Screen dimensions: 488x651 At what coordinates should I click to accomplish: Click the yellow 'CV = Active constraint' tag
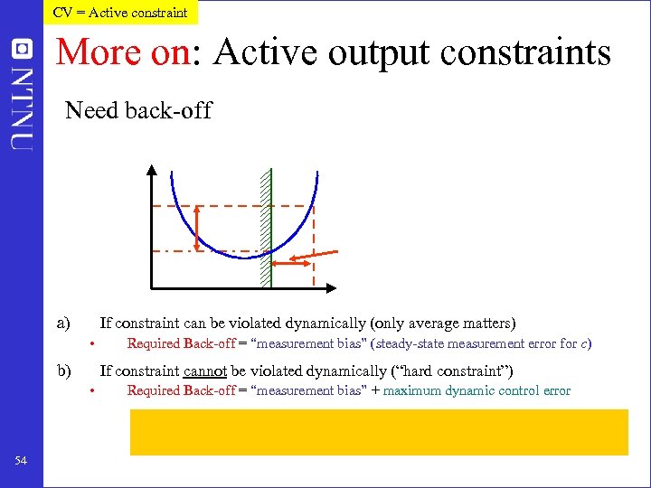(120, 12)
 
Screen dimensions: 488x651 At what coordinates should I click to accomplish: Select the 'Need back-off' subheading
(138, 111)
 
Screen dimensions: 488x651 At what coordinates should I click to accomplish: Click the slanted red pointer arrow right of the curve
(324, 253)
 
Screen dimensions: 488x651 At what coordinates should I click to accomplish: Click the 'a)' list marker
(63, 323)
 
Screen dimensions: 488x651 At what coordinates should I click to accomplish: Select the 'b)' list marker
(63, 371)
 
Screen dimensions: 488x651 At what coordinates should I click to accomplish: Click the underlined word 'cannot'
(204, 371)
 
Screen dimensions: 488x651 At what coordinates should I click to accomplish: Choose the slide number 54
(21, 462)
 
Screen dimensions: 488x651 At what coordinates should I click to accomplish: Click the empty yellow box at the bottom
(379, 431)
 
